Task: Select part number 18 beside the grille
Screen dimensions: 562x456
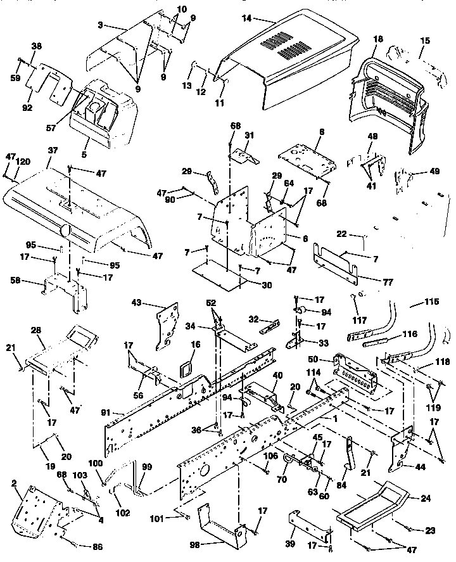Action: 378,39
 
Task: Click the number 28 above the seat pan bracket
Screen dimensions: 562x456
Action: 36,331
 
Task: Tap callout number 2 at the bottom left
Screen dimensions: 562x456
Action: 14,483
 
